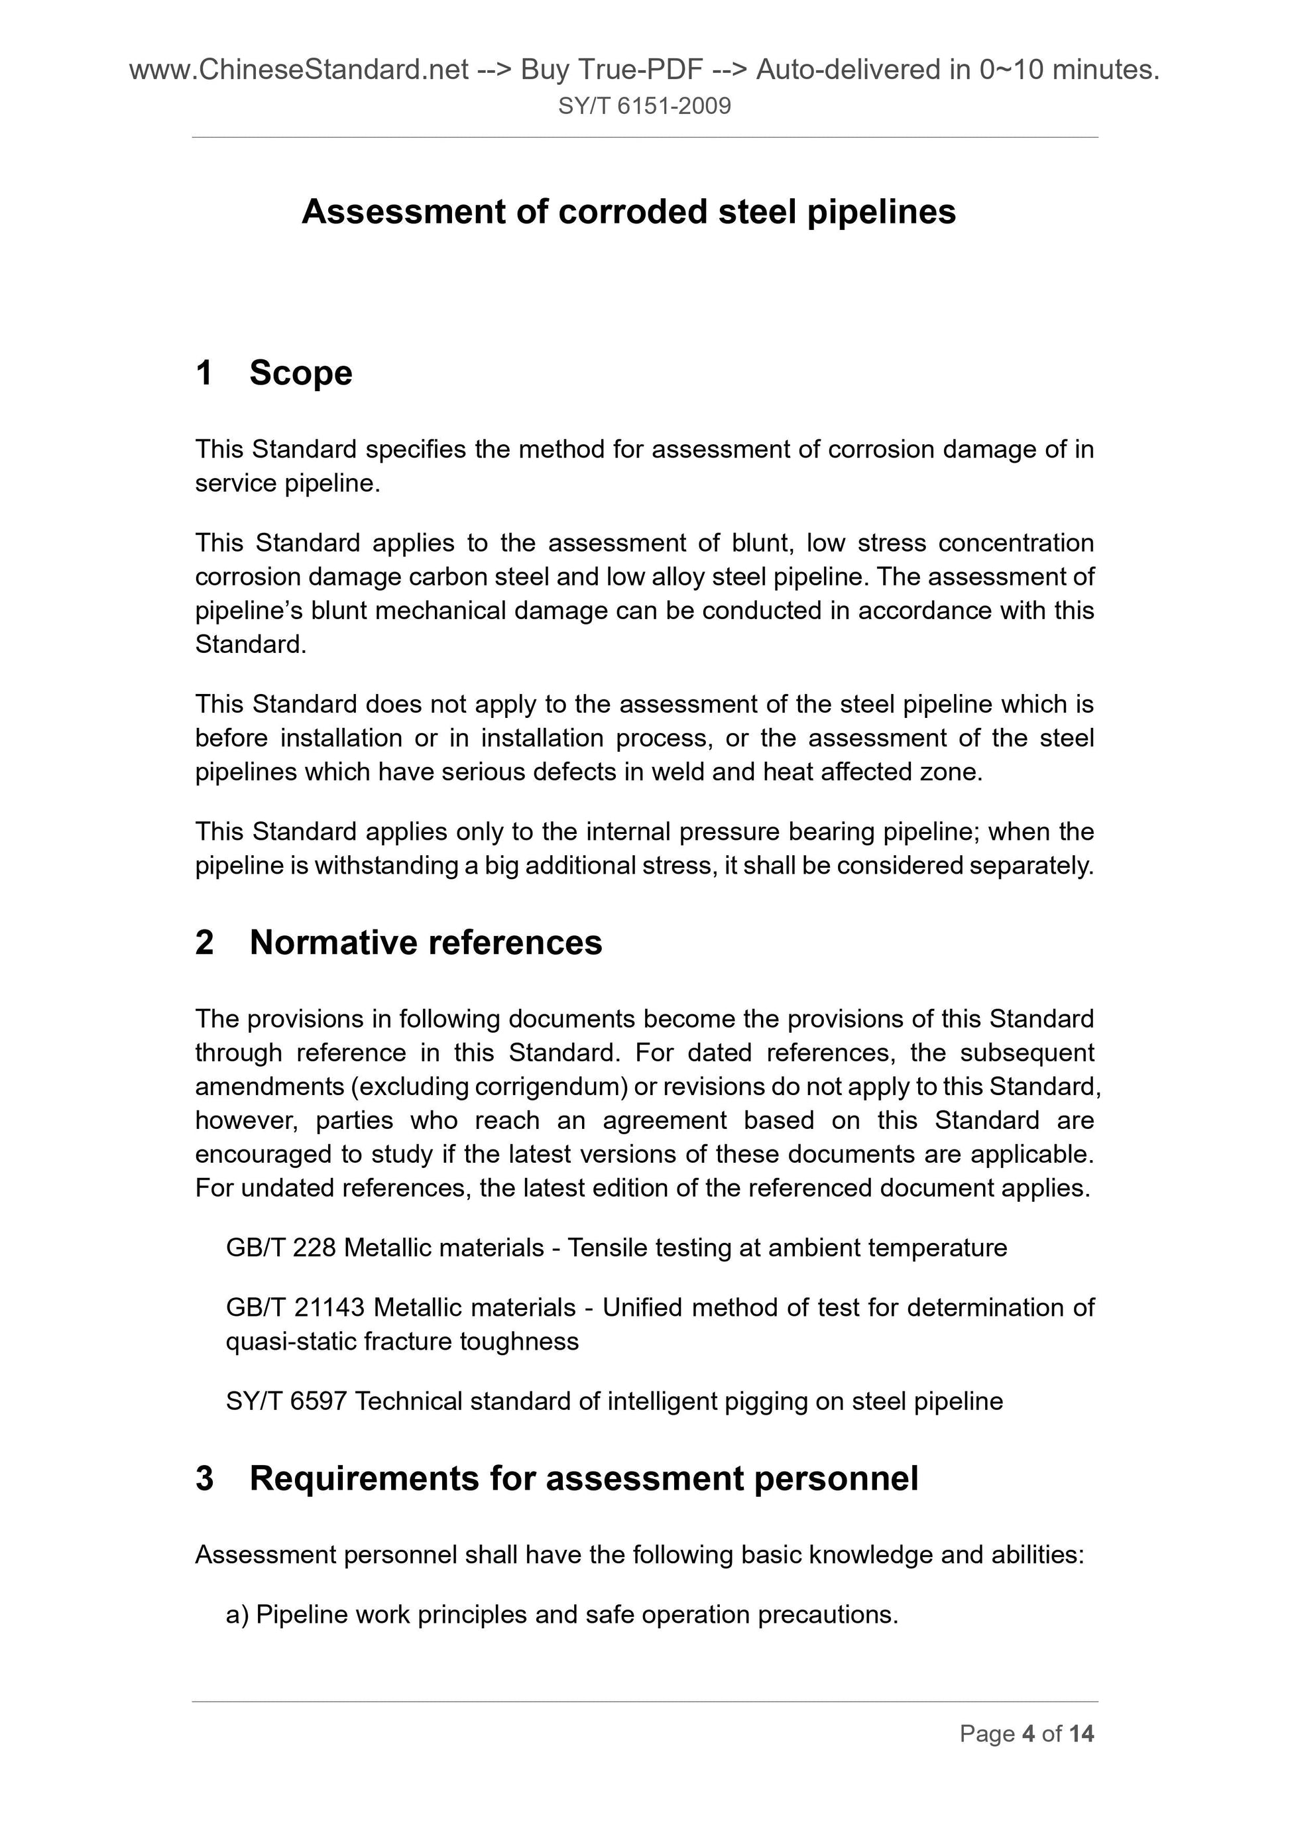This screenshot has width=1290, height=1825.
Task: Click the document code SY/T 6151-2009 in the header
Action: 644,105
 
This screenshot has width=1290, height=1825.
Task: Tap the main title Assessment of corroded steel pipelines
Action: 628,211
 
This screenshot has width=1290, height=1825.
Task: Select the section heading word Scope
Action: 300,373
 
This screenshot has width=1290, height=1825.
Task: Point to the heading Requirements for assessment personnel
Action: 583,1478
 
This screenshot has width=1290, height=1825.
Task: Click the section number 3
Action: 204,1478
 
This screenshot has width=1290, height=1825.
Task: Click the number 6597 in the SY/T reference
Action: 318,1401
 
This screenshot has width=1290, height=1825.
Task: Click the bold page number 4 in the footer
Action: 1029,1734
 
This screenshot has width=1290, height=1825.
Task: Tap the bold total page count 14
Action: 1081,1734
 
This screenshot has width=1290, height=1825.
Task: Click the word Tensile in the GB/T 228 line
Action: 607,1248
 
